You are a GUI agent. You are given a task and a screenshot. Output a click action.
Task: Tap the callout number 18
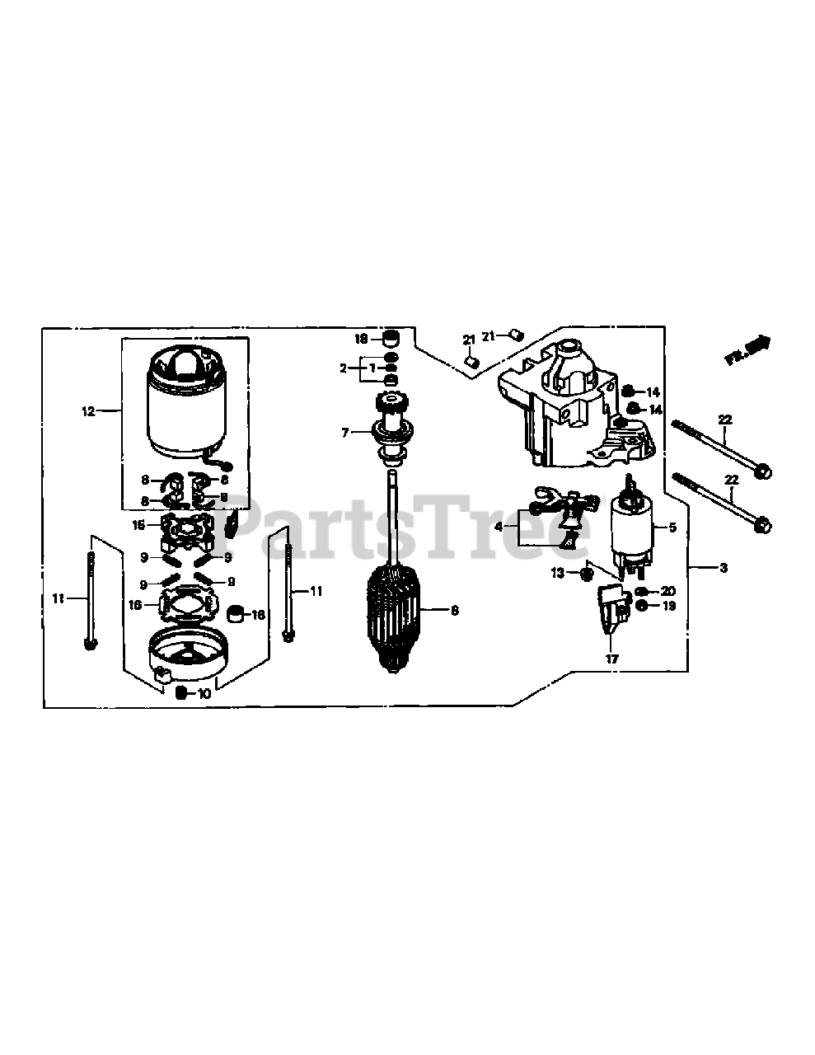coord(361,339)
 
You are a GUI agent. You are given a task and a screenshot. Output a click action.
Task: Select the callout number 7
coord(346,431)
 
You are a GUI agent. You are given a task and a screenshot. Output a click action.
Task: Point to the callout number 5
coord(672,527)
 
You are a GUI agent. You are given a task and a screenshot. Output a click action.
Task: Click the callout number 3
coord(723,568)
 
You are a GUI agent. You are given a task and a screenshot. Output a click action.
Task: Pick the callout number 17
coord(611,659)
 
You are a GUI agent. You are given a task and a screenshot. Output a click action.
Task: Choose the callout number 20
coord(667,591)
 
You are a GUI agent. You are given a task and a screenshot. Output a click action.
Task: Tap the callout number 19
coord(667,606)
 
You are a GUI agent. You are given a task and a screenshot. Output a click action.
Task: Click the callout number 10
coord(204,694)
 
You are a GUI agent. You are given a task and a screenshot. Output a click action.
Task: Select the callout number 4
coord(498,525)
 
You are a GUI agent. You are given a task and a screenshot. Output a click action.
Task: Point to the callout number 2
coord(344,368)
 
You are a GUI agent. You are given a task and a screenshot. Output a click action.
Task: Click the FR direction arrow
coord(747,349)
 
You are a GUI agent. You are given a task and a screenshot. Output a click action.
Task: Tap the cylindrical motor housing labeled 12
coord(186,408)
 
